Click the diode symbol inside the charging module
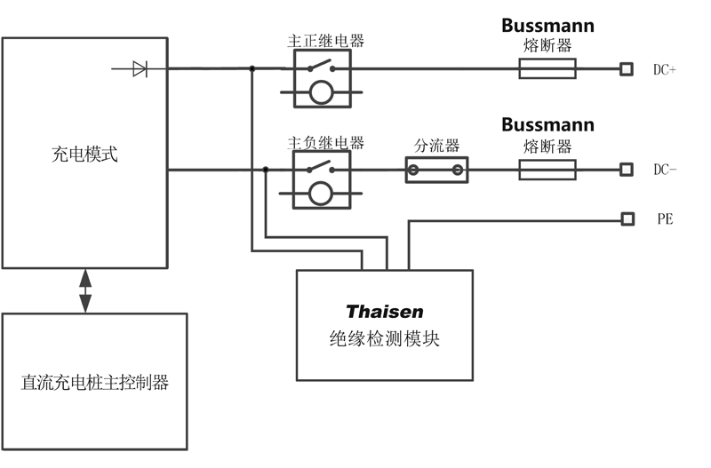pyautogui.click(x=140, y=68)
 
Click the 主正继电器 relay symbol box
pyautogui.click(x=321, y=78)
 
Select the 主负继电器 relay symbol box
pyautogui.click(x=321, y=179)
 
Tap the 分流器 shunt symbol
pyautogui.click(x=436, y=170)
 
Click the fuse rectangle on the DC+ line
pyautogui.click(x=547, y=68)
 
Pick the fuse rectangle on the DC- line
pyautogui.click(x=547, y=170)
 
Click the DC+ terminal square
pyautogui.click(x=627, y=68)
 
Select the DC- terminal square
pyautogui.click(x=627, y=170)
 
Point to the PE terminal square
pyautogui.click(x=627, y=218)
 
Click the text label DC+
pyautogui.click(x=665, y=69)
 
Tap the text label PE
pyautogui.click(x=665, y=218)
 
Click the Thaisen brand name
pyautogui.click(x=384, y=312)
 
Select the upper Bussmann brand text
pyautogui.click(x=547, y=25)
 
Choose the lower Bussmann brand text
pyautogui.click(x=547, y=124)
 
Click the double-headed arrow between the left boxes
pyautogui.click(x=85, y=290)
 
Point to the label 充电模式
pyautogui.click(x=85, y=155)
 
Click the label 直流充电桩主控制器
pyautogui.click(x=95, y=384)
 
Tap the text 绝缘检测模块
pyautogui.click(x=384, y=339)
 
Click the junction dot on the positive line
pyautogui.click(x=252, y=68)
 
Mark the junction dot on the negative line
pyautogui.click(x=266, y=170)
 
